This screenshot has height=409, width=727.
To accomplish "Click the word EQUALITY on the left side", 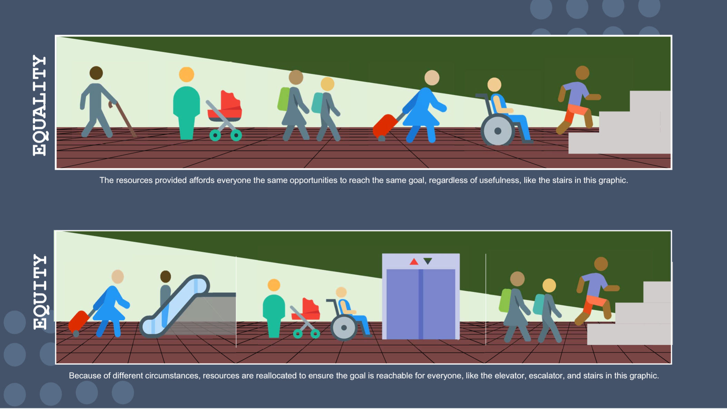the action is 39,105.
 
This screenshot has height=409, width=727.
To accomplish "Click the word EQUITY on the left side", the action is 40,292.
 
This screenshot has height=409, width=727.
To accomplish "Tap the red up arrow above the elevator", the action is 414,261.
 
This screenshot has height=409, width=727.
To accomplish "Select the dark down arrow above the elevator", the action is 428,261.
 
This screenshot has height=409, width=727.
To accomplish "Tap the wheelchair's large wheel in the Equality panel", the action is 497,131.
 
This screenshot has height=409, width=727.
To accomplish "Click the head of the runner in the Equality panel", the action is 582,73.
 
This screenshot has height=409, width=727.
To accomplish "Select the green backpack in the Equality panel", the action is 284,99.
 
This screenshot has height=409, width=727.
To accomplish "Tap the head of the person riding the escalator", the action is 166,277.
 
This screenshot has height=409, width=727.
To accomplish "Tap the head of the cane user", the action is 96,73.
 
